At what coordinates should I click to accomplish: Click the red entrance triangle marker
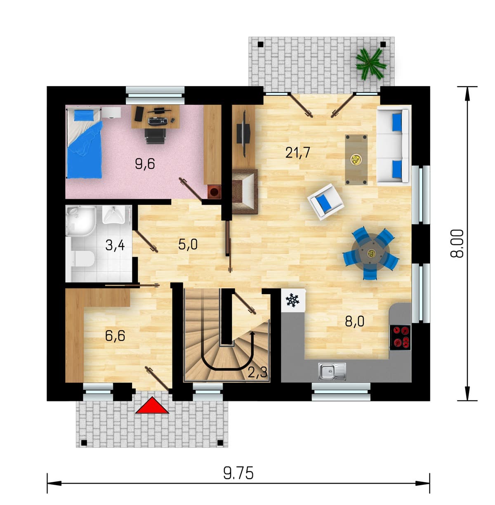(152, 406)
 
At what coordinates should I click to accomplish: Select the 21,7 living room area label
(298, 152)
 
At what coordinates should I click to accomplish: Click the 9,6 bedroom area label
(145, 164)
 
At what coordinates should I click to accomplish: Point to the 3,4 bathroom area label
(115, 245)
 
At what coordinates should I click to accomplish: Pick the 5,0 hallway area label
(188, 245)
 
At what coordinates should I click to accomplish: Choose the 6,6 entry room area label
(115, 336)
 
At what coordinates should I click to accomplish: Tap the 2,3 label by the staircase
(257, 372)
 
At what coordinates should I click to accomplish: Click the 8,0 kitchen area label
(355, 321)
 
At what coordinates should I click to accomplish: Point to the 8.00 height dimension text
(457, 243)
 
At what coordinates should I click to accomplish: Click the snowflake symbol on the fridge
(292, 300)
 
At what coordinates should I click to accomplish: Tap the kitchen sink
(332, 371)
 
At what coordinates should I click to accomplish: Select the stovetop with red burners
(400, 337)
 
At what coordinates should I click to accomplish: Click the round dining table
(370, 253)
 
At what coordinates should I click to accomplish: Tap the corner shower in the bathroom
(81, 221)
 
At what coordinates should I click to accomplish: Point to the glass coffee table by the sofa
(356, 160)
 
